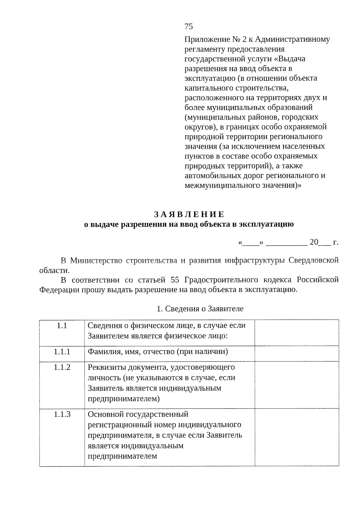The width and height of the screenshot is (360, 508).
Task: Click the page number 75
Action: [x=189, y=27]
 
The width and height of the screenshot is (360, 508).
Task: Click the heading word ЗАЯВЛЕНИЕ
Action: [x=189, y=214]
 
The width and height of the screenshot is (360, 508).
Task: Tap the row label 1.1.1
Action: [x=62, y=352]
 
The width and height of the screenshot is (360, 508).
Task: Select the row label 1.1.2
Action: [x=62, y=367]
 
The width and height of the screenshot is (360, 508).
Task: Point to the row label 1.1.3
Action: [x=62, y=414]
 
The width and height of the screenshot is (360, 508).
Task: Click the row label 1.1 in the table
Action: [x=62, y=325]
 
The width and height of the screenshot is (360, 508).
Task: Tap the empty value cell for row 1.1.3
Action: [x=297, y=437]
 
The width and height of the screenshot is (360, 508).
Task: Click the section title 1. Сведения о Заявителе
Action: [x=200, y=309]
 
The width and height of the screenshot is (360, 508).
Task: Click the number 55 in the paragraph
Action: [x=175, y=280]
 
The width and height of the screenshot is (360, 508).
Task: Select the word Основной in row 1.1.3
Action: [x=106, y=414]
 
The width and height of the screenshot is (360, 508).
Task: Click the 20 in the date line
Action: [x=314, y=242]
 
